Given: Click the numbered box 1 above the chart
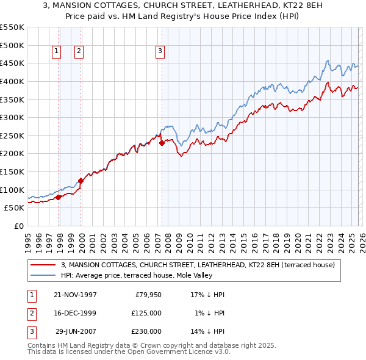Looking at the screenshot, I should (56, 52).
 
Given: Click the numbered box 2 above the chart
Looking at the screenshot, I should (79, 52).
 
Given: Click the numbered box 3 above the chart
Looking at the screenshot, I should (160, 52).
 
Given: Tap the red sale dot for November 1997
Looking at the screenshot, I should (59, 197).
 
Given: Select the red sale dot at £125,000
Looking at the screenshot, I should (81, 181).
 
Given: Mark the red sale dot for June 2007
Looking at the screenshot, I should (162, 143).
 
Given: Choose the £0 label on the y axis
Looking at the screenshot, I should (18, 226).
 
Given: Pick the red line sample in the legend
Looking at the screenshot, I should (43, 265).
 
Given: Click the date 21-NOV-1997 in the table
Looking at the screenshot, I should (75, 295).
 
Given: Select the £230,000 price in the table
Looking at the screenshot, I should (146, 331).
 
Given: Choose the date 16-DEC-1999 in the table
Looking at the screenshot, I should (75, 313).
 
